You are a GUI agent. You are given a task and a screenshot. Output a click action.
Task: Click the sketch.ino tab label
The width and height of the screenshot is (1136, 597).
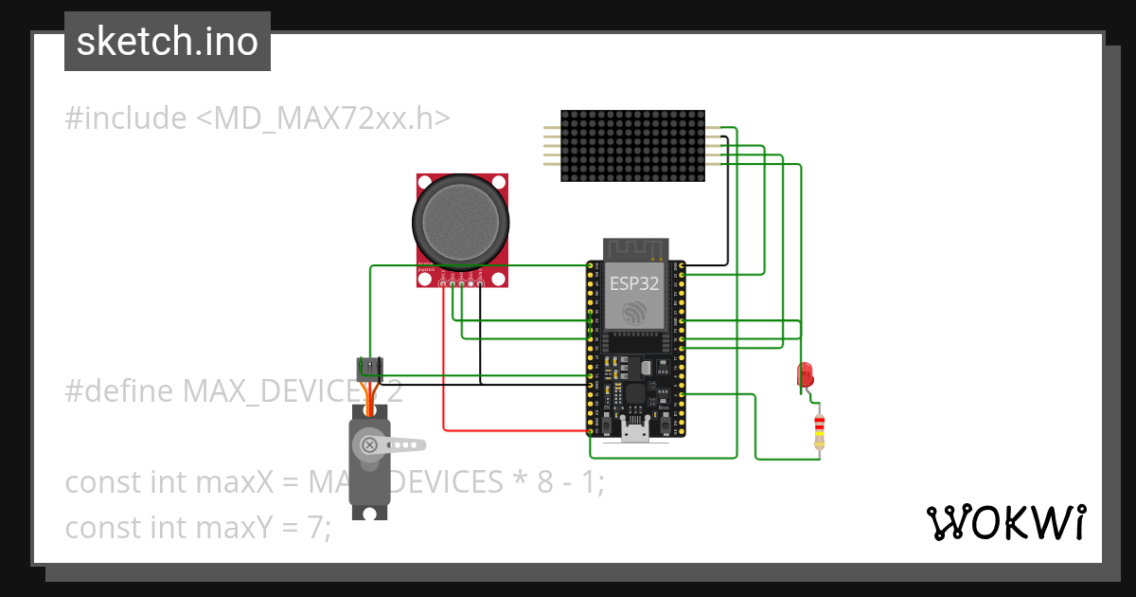(168, 42)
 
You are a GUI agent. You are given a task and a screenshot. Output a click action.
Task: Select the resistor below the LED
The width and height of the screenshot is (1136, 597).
(819, 431)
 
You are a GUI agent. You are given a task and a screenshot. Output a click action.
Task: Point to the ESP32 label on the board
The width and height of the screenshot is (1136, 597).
(634, 282)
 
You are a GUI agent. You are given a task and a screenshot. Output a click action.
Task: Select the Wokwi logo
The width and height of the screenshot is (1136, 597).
(1006, 522)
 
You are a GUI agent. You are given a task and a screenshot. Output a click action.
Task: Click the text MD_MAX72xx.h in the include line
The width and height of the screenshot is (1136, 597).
(323, 118)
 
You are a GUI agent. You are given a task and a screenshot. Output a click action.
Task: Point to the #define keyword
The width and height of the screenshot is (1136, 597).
(119, 390)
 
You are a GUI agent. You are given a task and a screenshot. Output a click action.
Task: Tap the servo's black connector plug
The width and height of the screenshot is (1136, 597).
(368, 366)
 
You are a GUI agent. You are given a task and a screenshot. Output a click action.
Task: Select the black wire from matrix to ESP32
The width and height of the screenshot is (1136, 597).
(726, 208)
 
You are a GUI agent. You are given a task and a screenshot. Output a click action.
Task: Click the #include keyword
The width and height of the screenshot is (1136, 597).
(126, 118)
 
